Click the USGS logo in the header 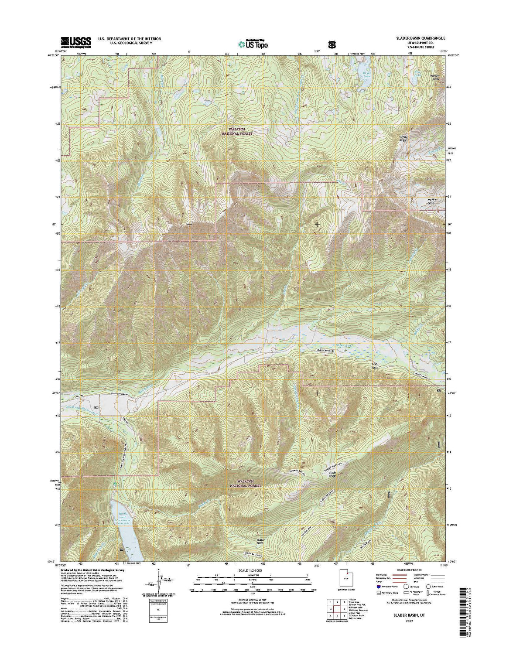point(76,41)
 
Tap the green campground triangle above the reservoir point(115,484)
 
